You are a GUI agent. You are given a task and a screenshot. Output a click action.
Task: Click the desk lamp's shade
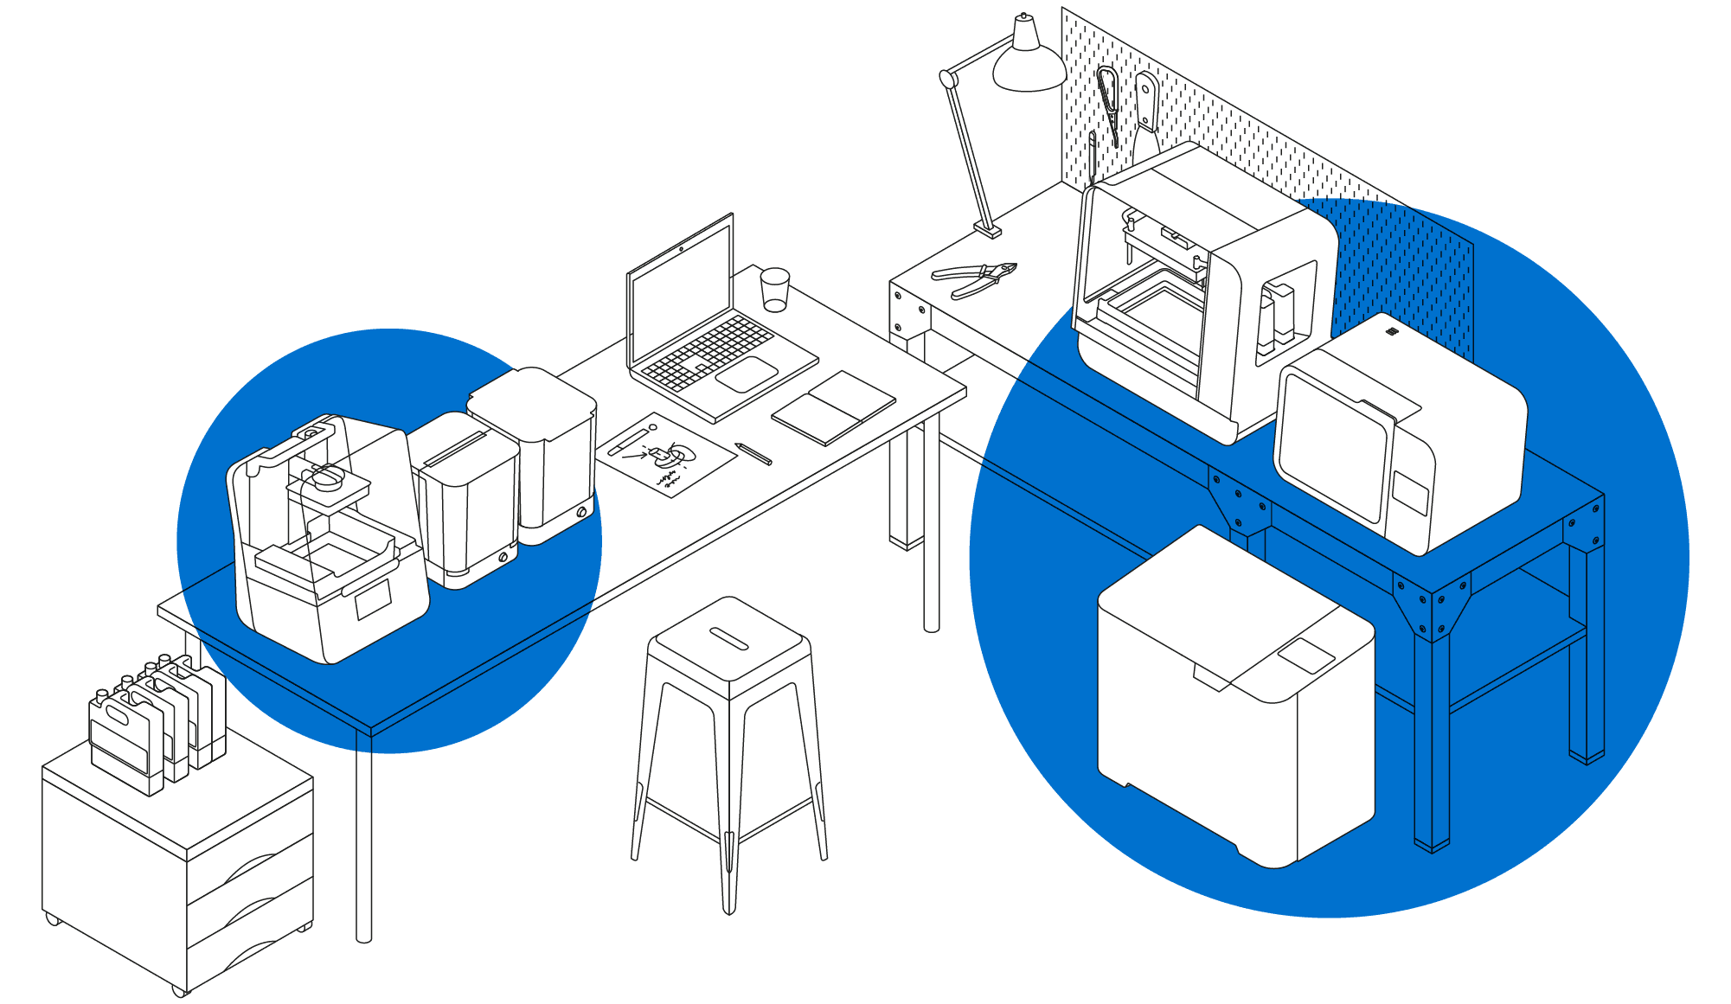click(x=1029, y=66)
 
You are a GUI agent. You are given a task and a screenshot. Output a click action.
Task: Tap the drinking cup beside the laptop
click(x=774, y=290)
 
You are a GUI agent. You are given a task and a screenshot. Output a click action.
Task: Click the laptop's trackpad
click(x=747, y=374)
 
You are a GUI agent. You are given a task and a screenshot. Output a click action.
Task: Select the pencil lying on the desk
click(x=753, y=453)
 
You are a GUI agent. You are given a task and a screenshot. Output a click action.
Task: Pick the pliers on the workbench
click(x=973, y=278)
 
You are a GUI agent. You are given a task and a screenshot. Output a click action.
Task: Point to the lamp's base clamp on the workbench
click(x=988, y=230)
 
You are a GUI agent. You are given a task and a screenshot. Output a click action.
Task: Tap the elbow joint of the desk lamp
click(x=948, y=80)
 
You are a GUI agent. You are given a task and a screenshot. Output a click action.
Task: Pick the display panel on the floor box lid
click(x=1307, y=655)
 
